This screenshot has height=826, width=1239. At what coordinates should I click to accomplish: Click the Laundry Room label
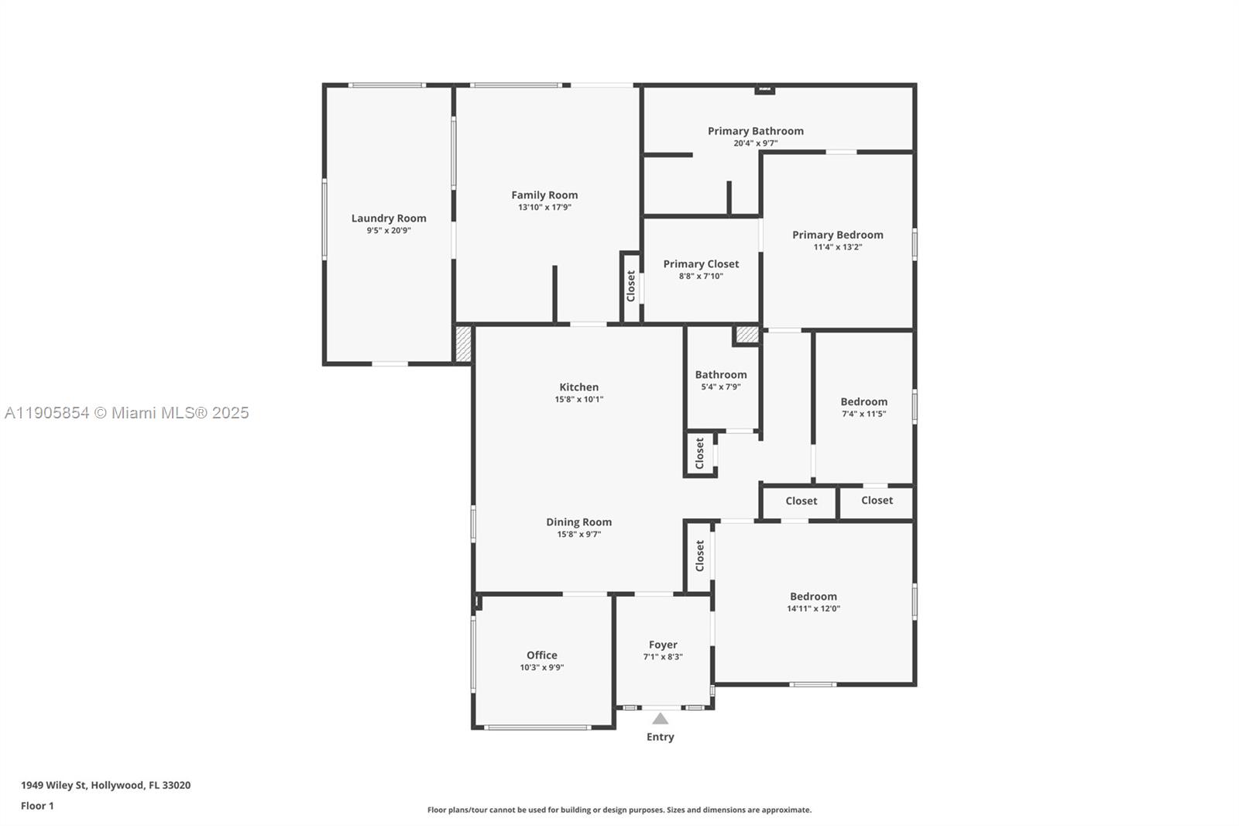pyautogui.click(x=389, y=219)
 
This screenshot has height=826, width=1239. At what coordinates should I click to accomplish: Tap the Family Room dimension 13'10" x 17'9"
pyautogui.click(x=544, y=208)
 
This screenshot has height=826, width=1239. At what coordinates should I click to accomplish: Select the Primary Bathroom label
pyautogui.click(x=755, y=131)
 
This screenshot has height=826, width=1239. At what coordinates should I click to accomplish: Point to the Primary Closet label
pyautogui.click(x=701, y=264)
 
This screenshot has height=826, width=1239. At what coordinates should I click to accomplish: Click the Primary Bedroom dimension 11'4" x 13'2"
pyautogui.click(x=837, y=247)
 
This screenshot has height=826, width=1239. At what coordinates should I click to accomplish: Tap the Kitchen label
pyautogui.click(x=578, y=387)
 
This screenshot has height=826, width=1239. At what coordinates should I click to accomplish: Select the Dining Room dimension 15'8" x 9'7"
pyautogui.click(x=578, y=535)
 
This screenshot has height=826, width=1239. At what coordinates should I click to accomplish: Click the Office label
pyautogui.click(x=541, y=656)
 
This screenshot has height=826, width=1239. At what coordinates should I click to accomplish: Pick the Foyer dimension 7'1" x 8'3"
pyautogui.click(x=663, y=657)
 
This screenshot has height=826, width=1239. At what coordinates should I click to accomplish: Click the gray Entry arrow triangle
pyautogui.click(x=660, y=719)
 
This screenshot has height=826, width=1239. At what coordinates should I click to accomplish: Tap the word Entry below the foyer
pyautogui.click(x=660, y=737)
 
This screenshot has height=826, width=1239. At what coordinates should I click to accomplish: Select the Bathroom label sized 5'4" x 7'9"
pyautogui.click(x=721, y=375)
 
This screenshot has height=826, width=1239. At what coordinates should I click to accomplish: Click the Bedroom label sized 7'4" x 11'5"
pyautogui.click(x=863, y=401)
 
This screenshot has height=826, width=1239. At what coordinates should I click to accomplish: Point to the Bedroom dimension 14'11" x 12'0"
pyautogui.click(x=813, y=609)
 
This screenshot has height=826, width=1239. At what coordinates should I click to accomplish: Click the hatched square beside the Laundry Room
pyautogui.click(x=463, y=343)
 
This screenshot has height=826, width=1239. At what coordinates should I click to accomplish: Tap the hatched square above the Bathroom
pyautogui.click(x=746, y=335)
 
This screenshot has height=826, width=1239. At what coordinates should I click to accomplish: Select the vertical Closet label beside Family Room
pyautogui.click(x=631, y=286)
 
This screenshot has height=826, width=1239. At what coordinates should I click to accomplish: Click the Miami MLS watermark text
pyautogui.click(x=127, y=413)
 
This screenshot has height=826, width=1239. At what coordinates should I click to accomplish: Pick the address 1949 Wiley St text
pyautogui.click(x=105, y=785)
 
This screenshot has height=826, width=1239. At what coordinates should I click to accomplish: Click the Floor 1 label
pyautogui.click(x=37, y=806)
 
